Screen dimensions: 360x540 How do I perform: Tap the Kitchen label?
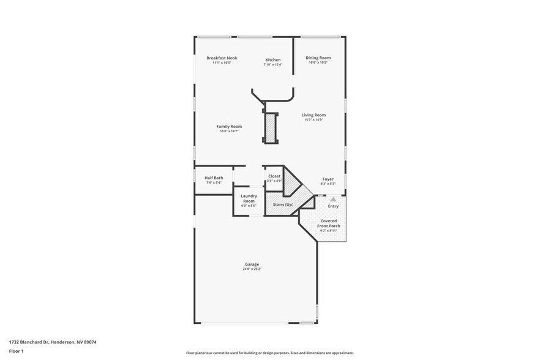point(272,60)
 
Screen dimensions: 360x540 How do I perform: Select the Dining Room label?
point(318,58)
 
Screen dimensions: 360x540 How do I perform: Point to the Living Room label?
point(313,114)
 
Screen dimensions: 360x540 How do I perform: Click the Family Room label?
point(229,126)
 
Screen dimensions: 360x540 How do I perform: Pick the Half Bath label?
point(214,178)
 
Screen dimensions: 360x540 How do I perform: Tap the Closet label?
point(274,176)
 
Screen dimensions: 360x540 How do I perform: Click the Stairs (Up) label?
point(283,204)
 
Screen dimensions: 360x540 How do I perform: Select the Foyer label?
point(328,178)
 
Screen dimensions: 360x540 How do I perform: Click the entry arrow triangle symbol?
point(333,199)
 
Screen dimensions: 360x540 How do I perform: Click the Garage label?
point(252,264)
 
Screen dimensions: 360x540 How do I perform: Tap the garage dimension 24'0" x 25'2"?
point(252,269)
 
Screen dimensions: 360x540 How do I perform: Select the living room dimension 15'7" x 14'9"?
point(313,120)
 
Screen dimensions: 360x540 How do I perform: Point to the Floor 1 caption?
point(16,351)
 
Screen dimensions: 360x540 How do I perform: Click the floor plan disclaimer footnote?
point(269,353)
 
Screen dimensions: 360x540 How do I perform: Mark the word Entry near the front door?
point(333,206)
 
